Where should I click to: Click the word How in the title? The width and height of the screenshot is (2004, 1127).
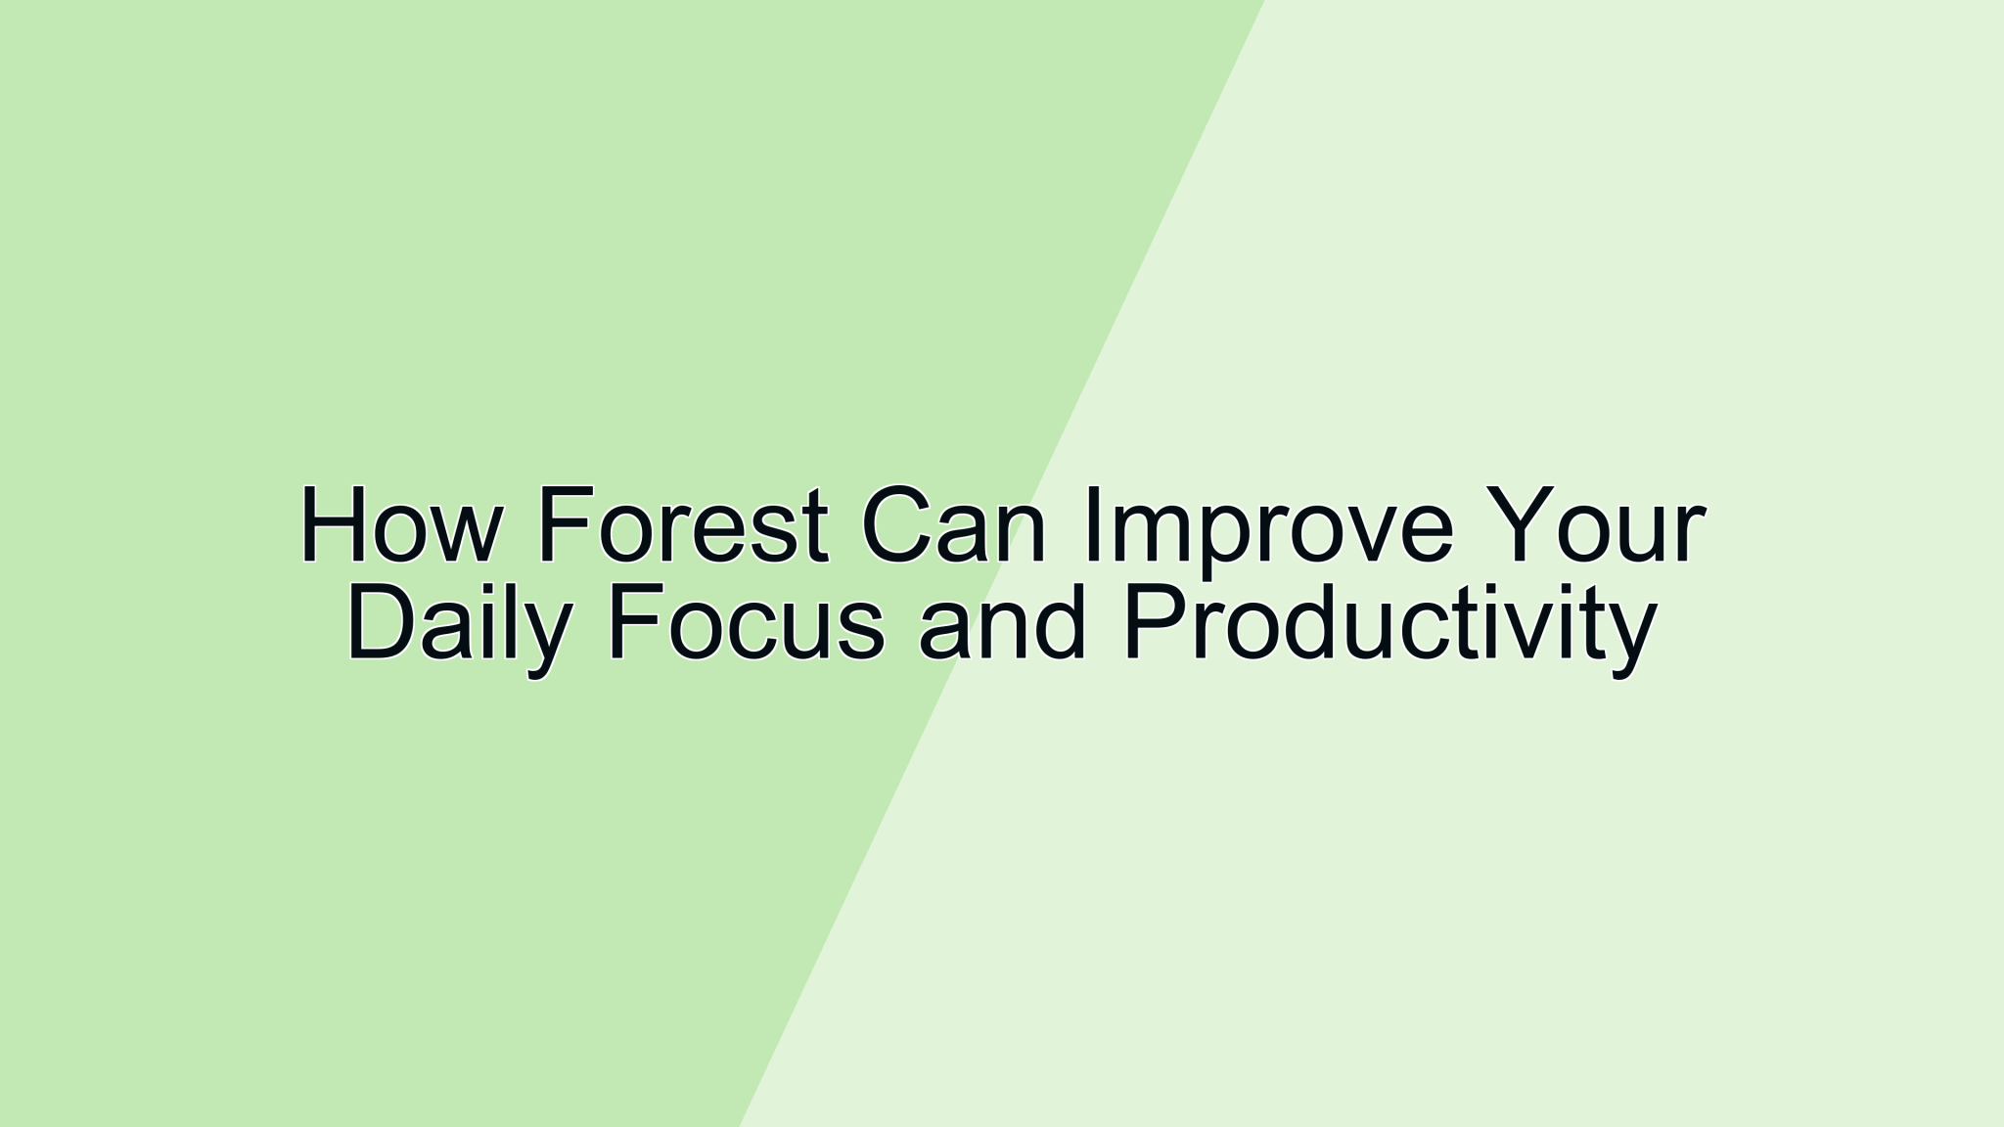[x=400, y=526]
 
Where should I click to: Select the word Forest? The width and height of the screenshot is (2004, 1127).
[x=683, y=526]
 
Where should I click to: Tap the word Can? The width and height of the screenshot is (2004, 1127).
[x=954, y=526]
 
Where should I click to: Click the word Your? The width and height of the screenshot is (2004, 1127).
[x=1595, y=526]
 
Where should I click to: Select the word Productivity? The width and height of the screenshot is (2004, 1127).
[x=1389, y=626]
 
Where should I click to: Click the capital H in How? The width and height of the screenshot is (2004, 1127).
[x=336, y=525]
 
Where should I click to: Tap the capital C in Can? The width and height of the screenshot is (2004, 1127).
[x=898, y=526]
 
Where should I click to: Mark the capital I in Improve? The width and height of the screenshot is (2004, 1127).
[x=1093, y=525]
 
